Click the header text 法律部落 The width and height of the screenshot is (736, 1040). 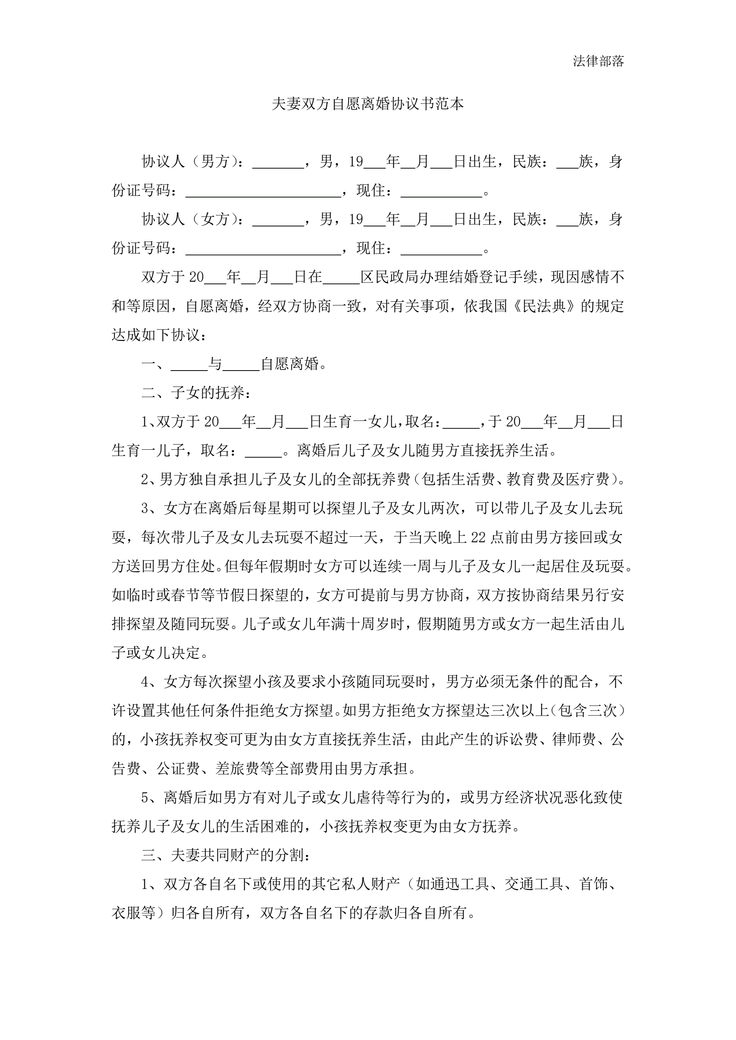[598, 61]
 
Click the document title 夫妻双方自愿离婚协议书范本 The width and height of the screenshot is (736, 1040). [367, 104]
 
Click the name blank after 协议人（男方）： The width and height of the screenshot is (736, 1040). [278, 163]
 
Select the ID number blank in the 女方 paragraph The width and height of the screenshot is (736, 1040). [263, 249]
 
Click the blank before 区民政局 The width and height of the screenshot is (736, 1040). [341, 278]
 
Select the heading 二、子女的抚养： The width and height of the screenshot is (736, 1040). [196, 393]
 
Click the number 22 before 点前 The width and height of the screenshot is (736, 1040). [478, 538]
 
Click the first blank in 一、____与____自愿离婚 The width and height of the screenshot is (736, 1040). [189, 365]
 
